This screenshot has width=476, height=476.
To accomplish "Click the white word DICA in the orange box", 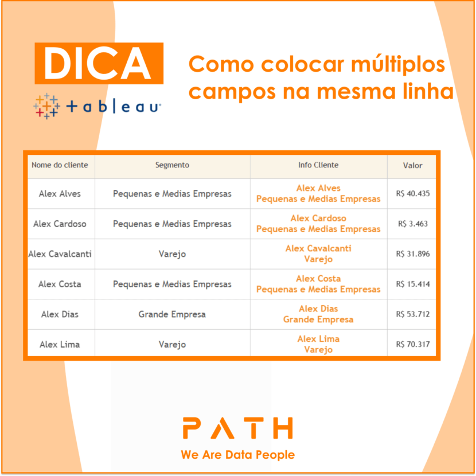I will [x=99, y=63].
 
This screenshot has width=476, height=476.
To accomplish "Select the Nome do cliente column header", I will [x=60, y=165].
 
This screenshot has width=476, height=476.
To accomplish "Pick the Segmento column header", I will [x=172, y=165].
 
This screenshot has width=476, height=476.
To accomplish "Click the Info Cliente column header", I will [x=318, y=165].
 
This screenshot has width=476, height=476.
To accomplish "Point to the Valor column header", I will [x=412, y=166].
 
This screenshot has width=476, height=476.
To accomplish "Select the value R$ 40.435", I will [x=412, y=194].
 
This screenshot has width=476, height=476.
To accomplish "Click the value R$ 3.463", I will [x=412, y=224].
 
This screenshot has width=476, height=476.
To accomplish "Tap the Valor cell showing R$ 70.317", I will [x=412, y=345].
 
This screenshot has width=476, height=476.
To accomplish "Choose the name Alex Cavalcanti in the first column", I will [x=60, y=254].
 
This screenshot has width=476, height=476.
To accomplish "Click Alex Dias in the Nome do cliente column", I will [x=60, y=314].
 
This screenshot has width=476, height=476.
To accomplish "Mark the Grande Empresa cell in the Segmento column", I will [x=172, y=314].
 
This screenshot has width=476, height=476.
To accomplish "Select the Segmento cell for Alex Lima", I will [x=172, y=345].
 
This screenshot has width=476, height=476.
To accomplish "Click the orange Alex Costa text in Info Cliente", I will [x=318, y=279].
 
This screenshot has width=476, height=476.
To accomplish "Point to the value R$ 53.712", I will [x=412, y=314].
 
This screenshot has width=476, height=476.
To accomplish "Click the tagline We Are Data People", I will [x=237, y=455].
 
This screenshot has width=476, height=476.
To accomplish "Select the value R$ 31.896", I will [x=412, y=254].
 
